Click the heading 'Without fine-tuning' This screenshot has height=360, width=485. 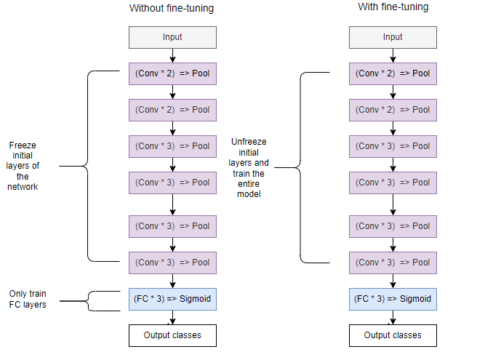click(172, 9)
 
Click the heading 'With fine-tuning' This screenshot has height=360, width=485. click(393, 7)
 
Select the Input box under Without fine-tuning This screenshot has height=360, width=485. click(172, 37)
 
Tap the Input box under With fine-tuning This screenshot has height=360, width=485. click(393, 37)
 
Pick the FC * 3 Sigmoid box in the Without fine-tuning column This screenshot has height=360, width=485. click(172, 299)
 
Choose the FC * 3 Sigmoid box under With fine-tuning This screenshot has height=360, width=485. click(393, 299)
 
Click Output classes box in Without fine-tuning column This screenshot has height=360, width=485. click(172, 335)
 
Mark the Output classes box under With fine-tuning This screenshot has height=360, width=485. click(393, 335)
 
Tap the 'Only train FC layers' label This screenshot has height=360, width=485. click(28, 299)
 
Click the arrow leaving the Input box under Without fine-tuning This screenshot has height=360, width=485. click(172, 55)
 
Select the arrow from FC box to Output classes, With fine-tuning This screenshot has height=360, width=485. click(393, 317)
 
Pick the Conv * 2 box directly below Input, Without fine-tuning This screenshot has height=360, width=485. click(172, 73)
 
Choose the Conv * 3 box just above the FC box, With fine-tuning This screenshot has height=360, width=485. click(393, 263)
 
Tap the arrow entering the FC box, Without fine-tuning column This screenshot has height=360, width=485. click(172, 281)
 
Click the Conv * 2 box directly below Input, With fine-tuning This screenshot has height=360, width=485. click(393, 73)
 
